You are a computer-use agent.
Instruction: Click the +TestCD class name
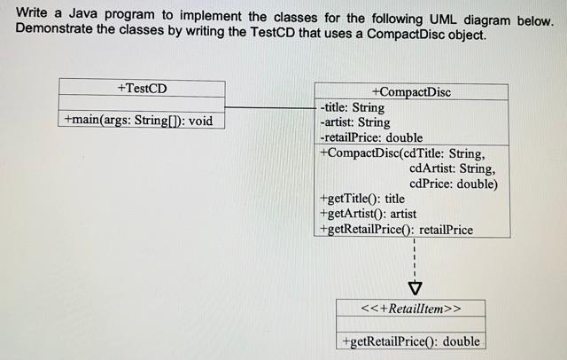point(142,89)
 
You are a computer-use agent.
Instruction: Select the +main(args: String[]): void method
point(138,120)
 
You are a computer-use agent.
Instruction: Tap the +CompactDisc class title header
point(411,92)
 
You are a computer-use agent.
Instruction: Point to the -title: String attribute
point(353,107)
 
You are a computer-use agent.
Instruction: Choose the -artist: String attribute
point(355,122)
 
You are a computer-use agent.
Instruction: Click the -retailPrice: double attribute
point(371,137)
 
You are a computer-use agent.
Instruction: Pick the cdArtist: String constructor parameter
point(453,168)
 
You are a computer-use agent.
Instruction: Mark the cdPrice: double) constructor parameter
point(454,184)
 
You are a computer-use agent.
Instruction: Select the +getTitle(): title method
point(362,199)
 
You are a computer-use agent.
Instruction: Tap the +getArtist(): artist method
point(369,214)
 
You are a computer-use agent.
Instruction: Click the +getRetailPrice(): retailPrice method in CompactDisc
point(396,230)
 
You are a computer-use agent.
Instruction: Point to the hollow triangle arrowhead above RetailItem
point(415,288)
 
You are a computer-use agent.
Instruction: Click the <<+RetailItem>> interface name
point(411,309)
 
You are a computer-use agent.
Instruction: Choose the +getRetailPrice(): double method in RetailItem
point(411,341)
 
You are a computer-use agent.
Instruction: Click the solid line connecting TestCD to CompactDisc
point(270,107)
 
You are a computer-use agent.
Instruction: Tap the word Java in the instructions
point(82,14)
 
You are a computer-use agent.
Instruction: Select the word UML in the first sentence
point(443,19)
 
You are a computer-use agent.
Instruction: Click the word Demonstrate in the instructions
point(53,28)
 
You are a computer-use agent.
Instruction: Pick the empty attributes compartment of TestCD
point(142,104)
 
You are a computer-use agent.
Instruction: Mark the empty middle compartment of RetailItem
point(411,324)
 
